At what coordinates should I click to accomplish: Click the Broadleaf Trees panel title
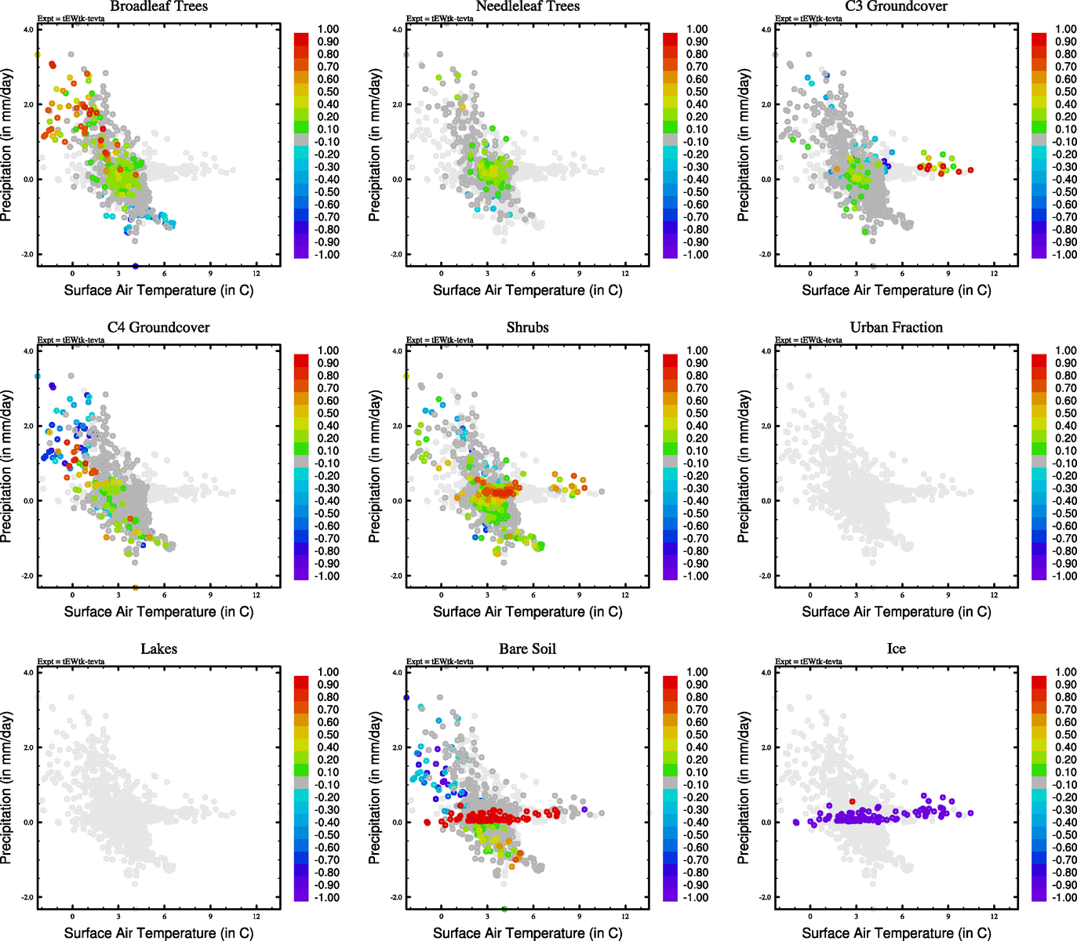click(x=159, y=6)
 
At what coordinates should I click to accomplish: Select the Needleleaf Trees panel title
click(x=527, y=6)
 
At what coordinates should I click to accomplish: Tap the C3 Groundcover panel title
click(x=896, y=6)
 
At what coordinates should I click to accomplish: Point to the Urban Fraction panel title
click(x=896, y=328)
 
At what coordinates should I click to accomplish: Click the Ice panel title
click(x=896, y=649)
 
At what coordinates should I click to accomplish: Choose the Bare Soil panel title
click(x=527, y=649)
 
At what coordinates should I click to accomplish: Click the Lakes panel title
click(x=159, y=649)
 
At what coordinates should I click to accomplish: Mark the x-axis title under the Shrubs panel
click(x=527, y=612)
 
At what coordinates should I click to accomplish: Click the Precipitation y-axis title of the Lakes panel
click(x=7, y=788)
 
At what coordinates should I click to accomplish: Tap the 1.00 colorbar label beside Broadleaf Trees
click(x=328, y=29)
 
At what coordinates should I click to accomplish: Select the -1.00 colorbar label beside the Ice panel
click(x=1064, y=897)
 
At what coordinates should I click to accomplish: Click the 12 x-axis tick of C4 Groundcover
click(x=257, y=595)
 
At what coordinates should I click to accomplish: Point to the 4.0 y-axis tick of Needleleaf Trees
click(x=397, y=30)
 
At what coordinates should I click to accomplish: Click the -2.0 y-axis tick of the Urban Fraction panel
click(x=766, y=576)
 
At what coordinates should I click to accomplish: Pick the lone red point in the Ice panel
click(x=853, y=801)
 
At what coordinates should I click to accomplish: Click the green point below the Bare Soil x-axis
click(x=504, y=910)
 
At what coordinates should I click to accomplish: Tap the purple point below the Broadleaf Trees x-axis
click(x=136, y=267)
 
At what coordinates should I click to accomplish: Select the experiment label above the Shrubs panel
click(x=440, y=340)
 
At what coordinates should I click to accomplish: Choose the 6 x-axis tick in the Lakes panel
click(x=165, y=917)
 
